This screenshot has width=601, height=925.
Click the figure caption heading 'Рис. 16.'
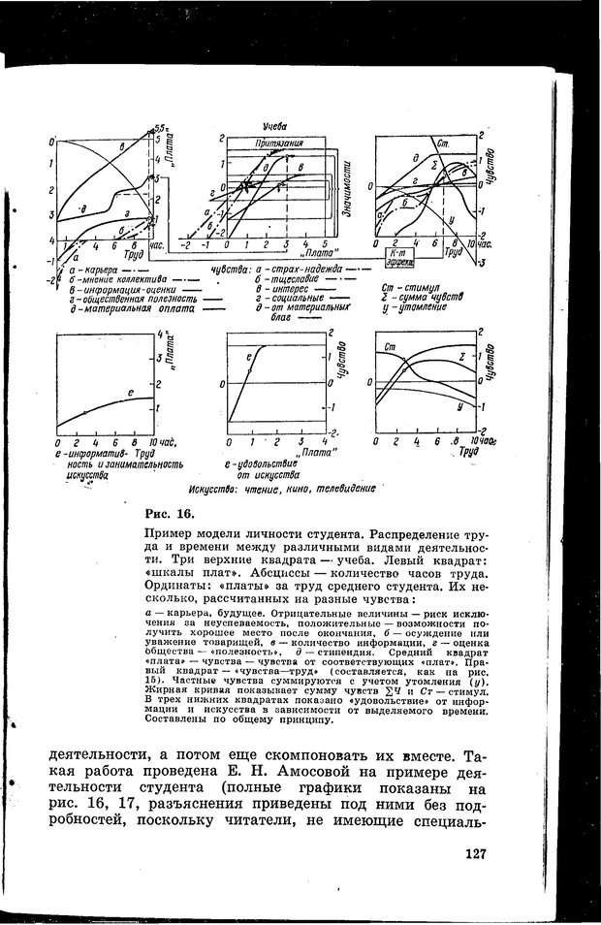[170, 513]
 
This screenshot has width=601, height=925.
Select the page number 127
[475, 854]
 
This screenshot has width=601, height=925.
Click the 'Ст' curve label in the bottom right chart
[392, 347]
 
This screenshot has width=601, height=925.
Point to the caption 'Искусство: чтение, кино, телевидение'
[282, 490]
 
